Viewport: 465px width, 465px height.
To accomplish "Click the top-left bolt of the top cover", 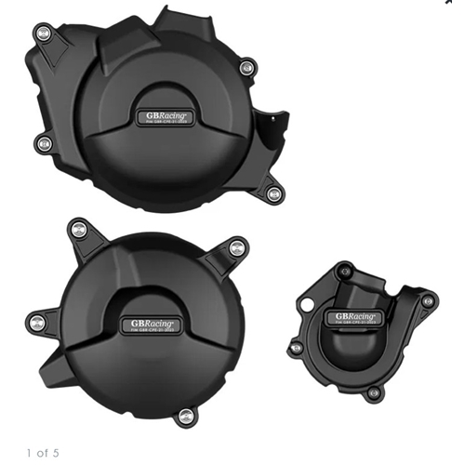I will pos(44,33).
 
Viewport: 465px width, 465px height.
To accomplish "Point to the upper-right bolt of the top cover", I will pos(246,67).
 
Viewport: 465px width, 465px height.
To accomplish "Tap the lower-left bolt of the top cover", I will pos(43,142).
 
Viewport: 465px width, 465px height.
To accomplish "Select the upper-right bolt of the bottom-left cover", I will pos(236,246).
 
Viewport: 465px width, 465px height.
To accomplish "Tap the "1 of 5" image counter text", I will pos(43,453).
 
